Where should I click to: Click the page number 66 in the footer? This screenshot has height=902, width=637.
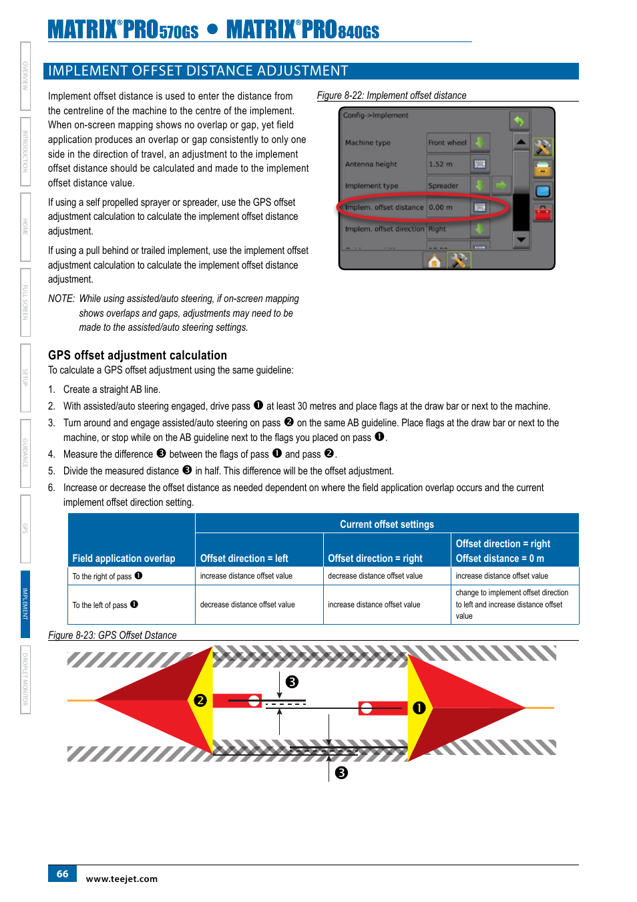[62, 873]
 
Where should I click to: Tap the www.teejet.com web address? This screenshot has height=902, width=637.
[122, 879]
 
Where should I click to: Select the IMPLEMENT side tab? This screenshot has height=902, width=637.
[25, 604]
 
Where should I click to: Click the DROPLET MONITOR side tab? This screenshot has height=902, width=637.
[25, 679]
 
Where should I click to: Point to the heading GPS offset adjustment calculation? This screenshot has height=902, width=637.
[137, 355]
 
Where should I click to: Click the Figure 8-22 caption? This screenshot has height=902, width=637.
[391, 96]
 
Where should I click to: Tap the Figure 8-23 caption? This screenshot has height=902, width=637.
[112, 635]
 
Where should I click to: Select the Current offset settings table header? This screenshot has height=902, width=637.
[387, 524]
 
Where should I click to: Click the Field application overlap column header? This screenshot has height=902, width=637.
[124, 559]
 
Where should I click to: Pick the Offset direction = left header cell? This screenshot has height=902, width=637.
[244, 559]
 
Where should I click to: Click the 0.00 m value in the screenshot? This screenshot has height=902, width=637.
[441, 207]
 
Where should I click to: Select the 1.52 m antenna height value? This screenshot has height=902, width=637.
[441, 164]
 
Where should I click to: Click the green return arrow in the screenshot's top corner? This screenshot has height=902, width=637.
[518, 121]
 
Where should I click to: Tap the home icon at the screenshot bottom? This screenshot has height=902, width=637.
[434, 261]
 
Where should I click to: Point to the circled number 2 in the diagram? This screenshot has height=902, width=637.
[200, 700]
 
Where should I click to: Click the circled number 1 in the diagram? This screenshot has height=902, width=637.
[419, 708]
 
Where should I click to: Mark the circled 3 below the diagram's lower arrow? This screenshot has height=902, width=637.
[341, 773]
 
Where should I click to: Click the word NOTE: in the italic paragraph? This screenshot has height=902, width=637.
[61, 299]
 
